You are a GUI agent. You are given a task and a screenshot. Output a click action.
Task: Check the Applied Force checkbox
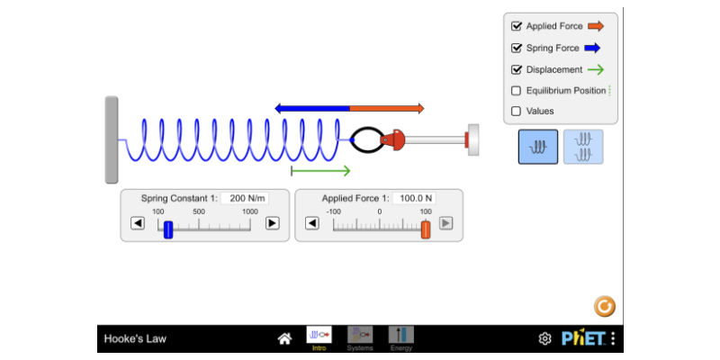pos(516,26)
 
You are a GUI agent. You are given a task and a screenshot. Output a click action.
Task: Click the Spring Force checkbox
pos(516,48)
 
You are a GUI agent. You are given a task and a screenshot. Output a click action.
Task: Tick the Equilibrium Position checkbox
pos(516,91)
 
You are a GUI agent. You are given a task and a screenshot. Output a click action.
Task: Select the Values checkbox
pos(516,111)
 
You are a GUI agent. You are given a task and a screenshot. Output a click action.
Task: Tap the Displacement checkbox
pos(516,69)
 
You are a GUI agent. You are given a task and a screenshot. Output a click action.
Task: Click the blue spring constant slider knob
pos(168,229)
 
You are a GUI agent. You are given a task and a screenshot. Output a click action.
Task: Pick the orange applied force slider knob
pos(426,229)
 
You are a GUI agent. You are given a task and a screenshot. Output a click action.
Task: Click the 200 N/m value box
pos(245,198)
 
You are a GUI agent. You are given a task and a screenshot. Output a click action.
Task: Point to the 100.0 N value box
pos(414,198)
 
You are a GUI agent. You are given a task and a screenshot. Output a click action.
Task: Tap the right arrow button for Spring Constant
pos(273,223)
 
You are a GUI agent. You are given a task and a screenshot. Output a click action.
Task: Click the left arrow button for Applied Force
pos(312,223)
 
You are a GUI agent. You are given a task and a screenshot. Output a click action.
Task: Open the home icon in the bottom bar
pos(284,339)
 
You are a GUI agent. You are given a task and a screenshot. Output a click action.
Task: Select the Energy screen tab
pos(401,338)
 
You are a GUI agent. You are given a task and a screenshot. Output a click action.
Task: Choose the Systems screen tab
pos(360,338)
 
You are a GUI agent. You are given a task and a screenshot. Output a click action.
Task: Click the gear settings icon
pos(544,339)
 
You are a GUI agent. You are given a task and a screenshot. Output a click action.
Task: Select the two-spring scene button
pos(583,147)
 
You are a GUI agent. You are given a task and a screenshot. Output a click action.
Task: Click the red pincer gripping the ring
pos(392,139)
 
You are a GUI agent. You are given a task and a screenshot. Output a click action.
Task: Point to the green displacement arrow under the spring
pos(321,171)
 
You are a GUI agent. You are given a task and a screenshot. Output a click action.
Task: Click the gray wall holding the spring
pos(112,139)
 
